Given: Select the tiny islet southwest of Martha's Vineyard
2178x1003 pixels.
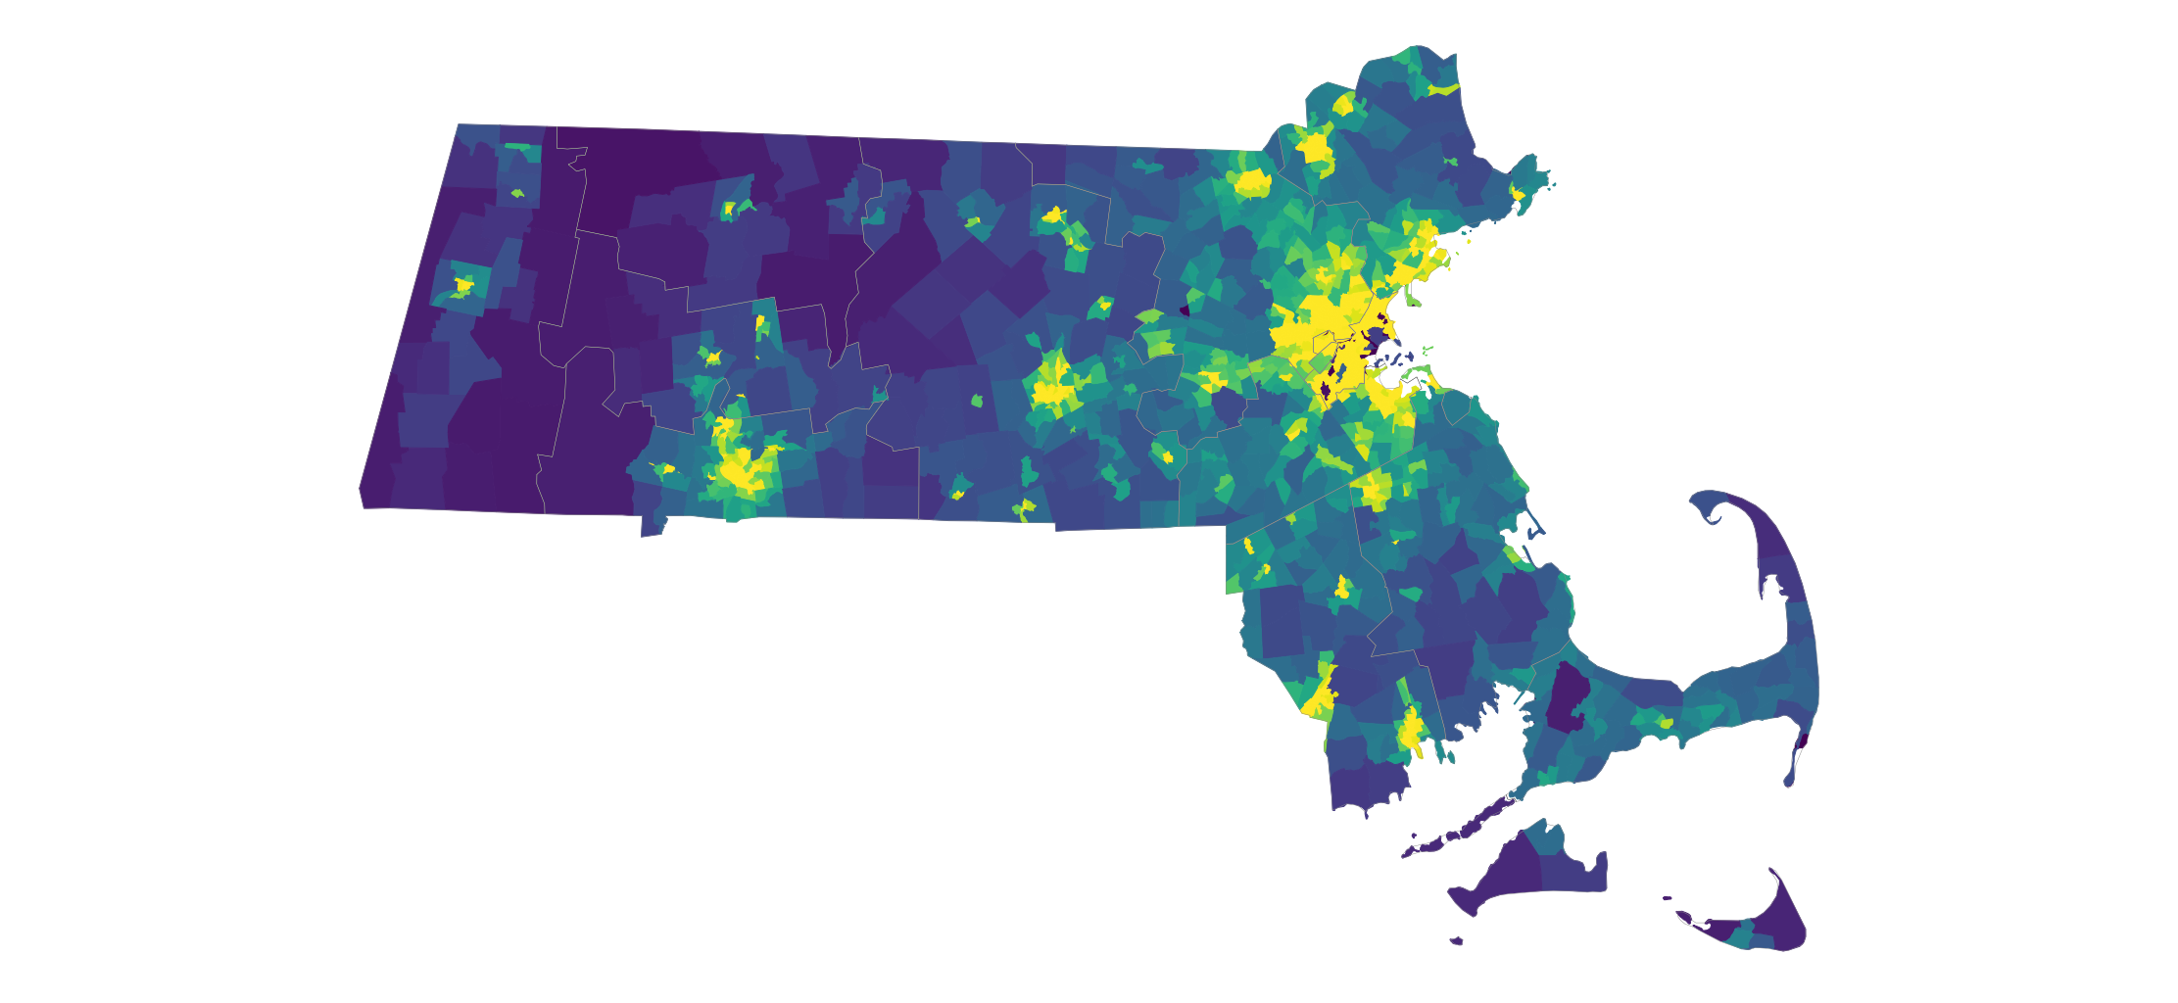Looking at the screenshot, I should click(1457, 941).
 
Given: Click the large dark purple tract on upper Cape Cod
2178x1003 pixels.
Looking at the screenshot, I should click(1568, 697).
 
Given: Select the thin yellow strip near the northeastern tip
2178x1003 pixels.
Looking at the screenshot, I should click(1443, 89).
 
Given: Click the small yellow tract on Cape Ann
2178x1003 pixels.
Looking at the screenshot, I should click(1518, 194).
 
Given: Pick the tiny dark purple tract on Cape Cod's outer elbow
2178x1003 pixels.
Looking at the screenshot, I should click(1804, 740).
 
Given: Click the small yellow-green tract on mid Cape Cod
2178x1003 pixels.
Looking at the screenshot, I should click(1666, 723).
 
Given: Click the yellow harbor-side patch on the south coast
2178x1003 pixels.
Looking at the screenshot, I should click(1411, 731).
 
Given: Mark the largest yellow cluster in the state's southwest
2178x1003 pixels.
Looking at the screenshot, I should click(740, 470).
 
